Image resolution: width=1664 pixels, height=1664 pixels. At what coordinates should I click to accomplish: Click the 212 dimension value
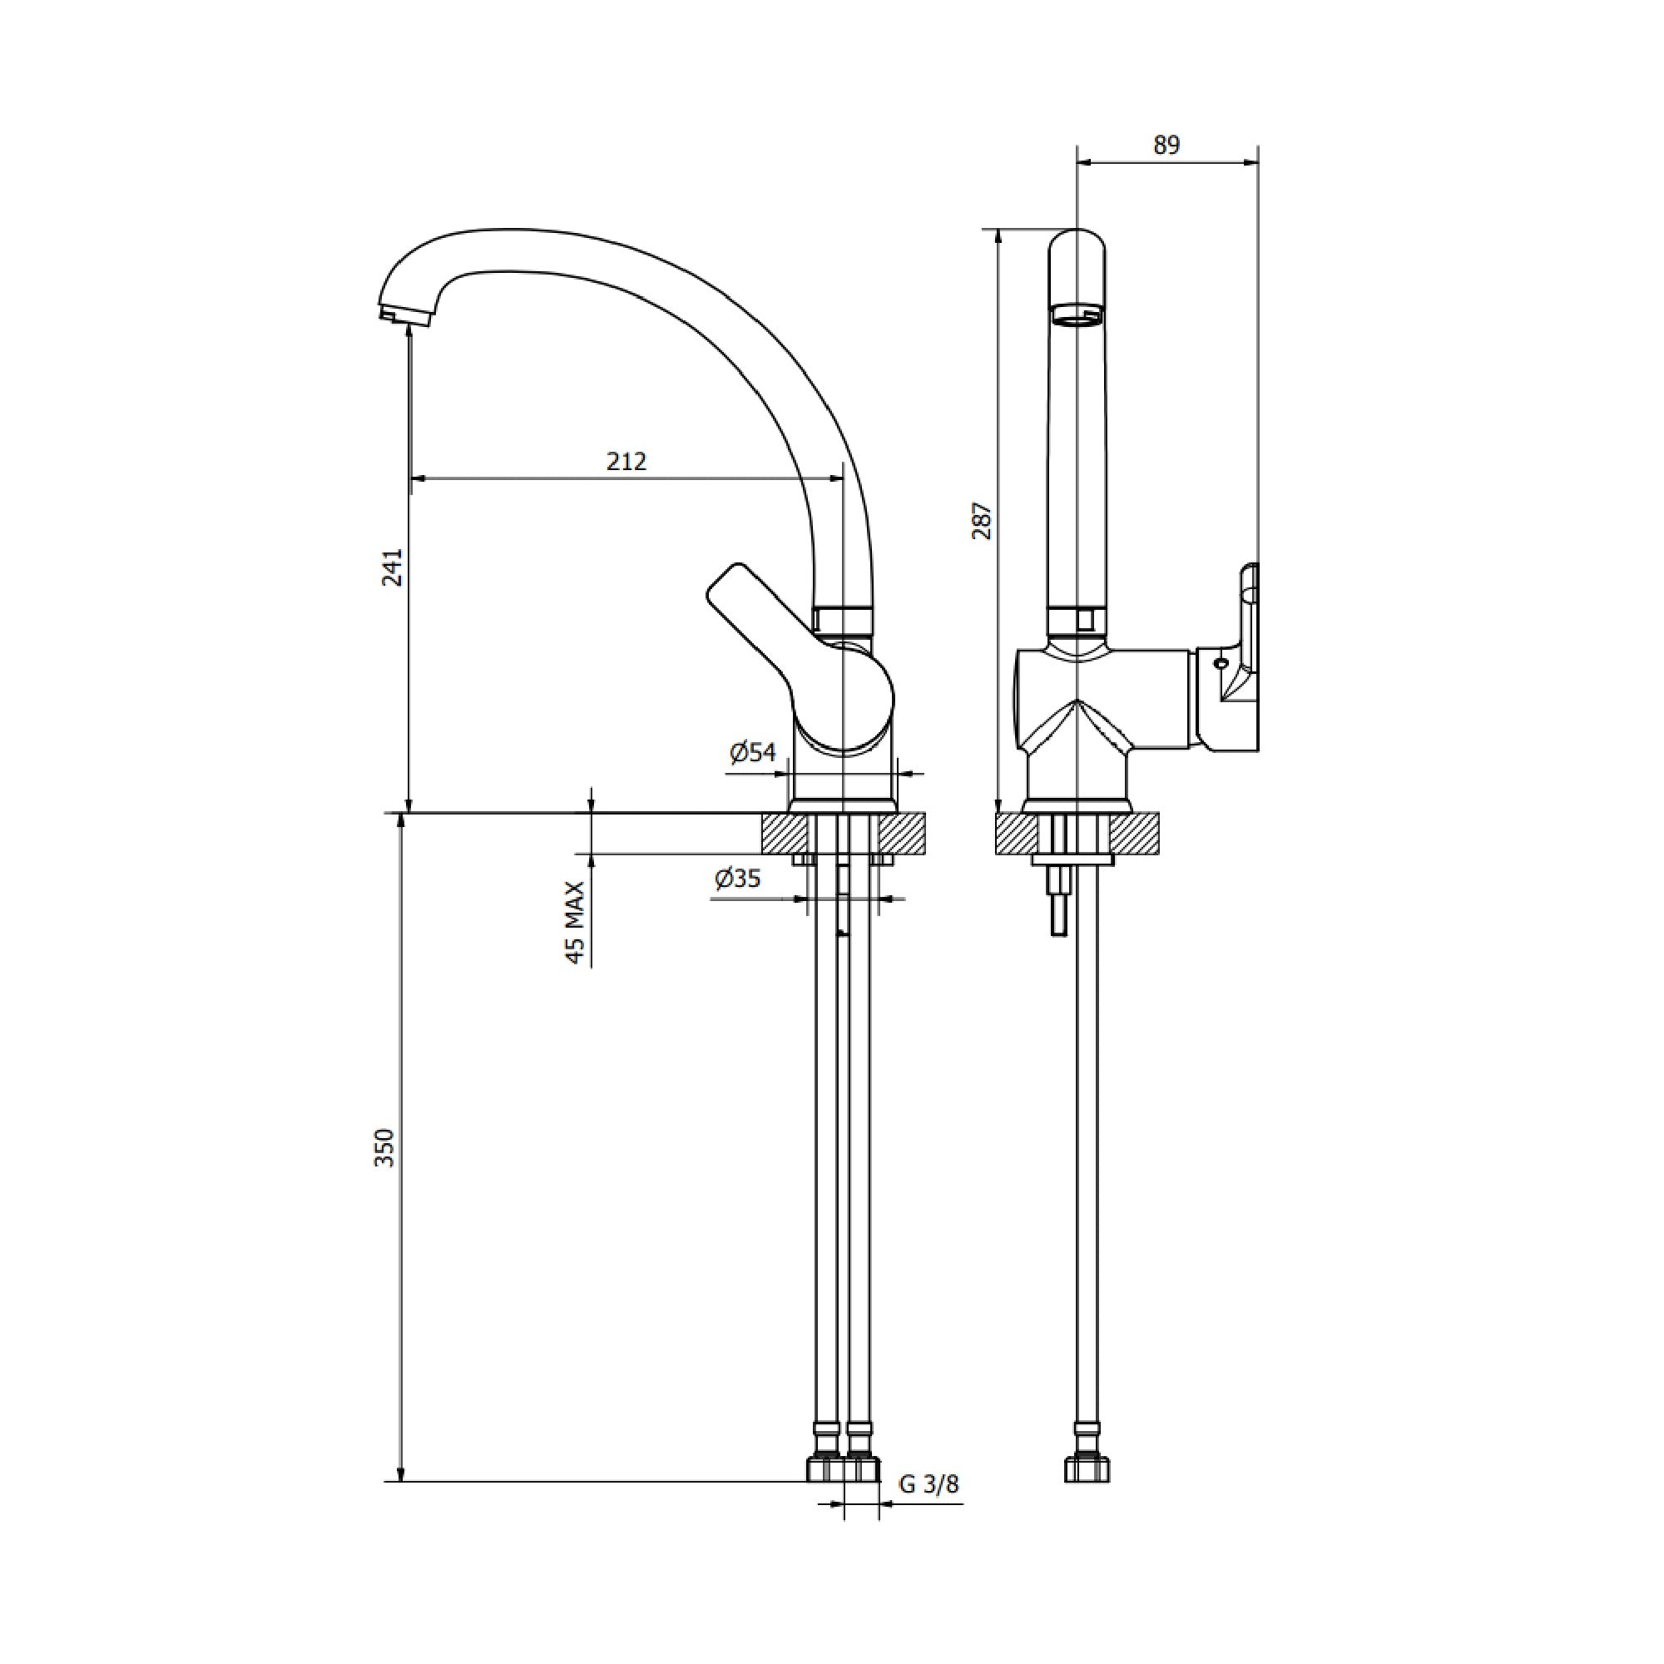point(626,462)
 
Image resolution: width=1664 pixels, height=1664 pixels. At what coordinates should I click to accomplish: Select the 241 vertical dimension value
point(393,567)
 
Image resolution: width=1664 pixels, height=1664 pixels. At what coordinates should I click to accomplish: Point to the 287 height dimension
point(983,520)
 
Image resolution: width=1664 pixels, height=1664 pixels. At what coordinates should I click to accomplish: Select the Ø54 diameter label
point(753,753)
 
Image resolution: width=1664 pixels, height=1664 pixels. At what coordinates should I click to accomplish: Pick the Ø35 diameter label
point(737,879)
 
